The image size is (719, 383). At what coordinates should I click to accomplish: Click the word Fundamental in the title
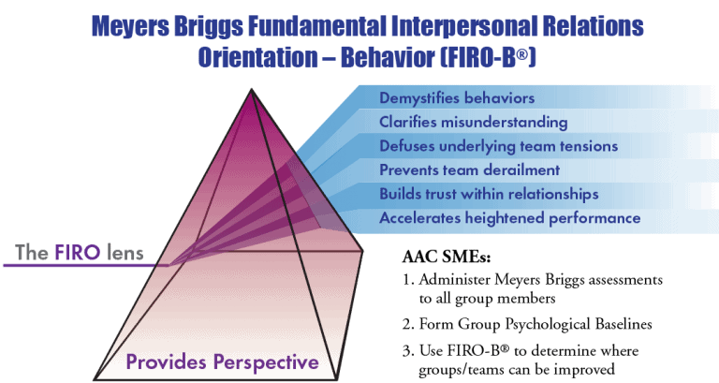coord(316,25)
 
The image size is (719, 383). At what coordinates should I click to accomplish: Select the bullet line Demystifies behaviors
coord(457,97)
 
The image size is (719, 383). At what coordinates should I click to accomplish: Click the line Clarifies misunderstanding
coord(473,122)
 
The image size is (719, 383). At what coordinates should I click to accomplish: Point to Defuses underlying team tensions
coord(498,146)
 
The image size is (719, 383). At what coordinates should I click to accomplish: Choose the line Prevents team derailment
coord(470,169)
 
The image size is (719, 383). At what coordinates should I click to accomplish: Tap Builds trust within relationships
coord(489,194)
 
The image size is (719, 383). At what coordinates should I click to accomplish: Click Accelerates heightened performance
coord(510,218)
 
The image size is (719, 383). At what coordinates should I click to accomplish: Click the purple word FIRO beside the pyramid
coord(77,253)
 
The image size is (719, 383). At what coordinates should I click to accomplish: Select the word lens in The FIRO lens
coord(125,253)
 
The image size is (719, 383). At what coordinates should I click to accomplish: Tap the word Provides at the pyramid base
coord(167,362)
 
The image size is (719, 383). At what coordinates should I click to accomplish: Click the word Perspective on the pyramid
coord(266,362)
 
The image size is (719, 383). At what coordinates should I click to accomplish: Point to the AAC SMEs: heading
coord(447,257)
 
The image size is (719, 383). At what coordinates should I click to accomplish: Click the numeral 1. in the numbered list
coord(408,279)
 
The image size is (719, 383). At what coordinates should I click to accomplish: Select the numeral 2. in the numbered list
coord(408,324)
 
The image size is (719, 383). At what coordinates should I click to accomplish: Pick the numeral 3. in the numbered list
coord(408,351)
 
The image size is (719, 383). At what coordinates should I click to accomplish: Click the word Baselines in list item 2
coord(624,324)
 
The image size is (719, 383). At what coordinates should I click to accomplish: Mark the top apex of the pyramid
coord(251,90)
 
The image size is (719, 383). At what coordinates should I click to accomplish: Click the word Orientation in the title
coord(257,57)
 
